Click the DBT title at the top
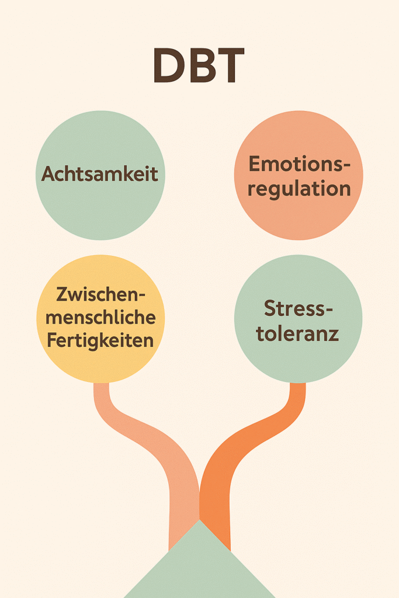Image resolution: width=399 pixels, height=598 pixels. tap(199, 65)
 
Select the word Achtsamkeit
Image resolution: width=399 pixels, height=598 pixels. tap(100, 174)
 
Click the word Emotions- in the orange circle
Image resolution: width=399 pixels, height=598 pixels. tap(299, 164)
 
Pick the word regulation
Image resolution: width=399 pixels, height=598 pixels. tap(299, 189)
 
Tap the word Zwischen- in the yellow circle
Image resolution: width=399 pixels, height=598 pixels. tap(101, 294)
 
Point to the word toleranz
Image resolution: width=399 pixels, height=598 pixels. tap(298, 334)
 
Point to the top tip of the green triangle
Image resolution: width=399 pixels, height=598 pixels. tap(199, 521)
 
